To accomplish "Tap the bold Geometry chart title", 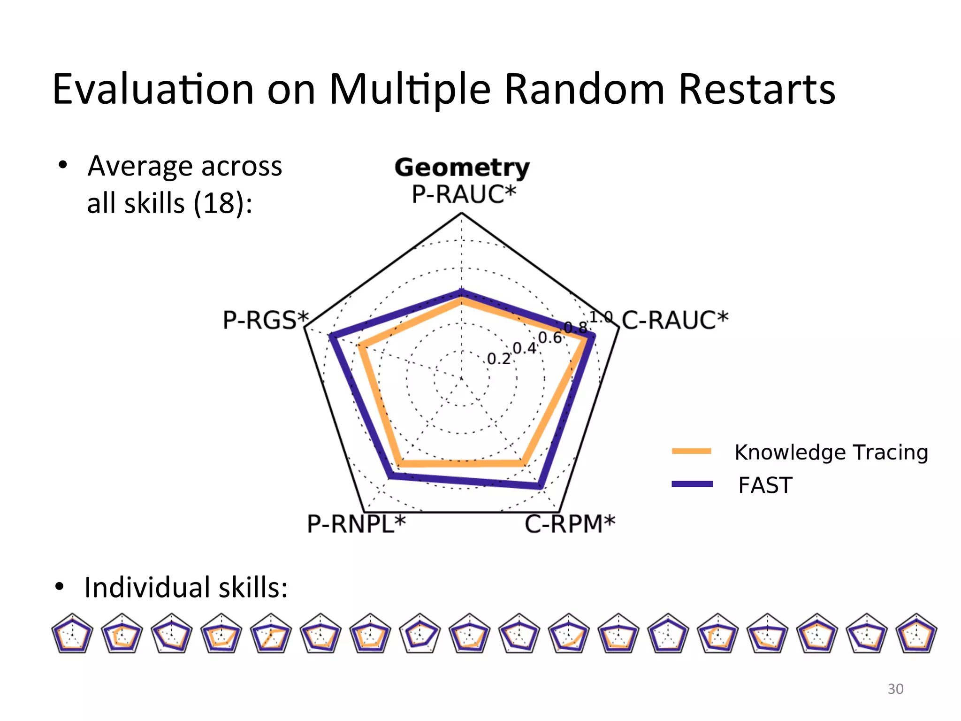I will (462, 168).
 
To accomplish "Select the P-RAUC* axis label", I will (464, 194).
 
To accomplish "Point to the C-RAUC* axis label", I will (675, 320).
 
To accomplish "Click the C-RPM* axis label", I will (569, 524).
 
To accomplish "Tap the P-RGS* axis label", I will (266, 320).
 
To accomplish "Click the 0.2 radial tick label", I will (498, 359).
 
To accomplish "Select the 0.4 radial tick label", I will (524, 348).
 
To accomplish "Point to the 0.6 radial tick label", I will (549, 337).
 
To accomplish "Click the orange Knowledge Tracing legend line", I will (692, 451).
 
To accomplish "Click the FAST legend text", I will (765, 485).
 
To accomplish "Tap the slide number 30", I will (895, 689).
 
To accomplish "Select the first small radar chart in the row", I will (72, 633).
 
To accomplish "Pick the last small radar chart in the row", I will (916, 633).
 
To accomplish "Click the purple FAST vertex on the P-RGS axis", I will (331, 336).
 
